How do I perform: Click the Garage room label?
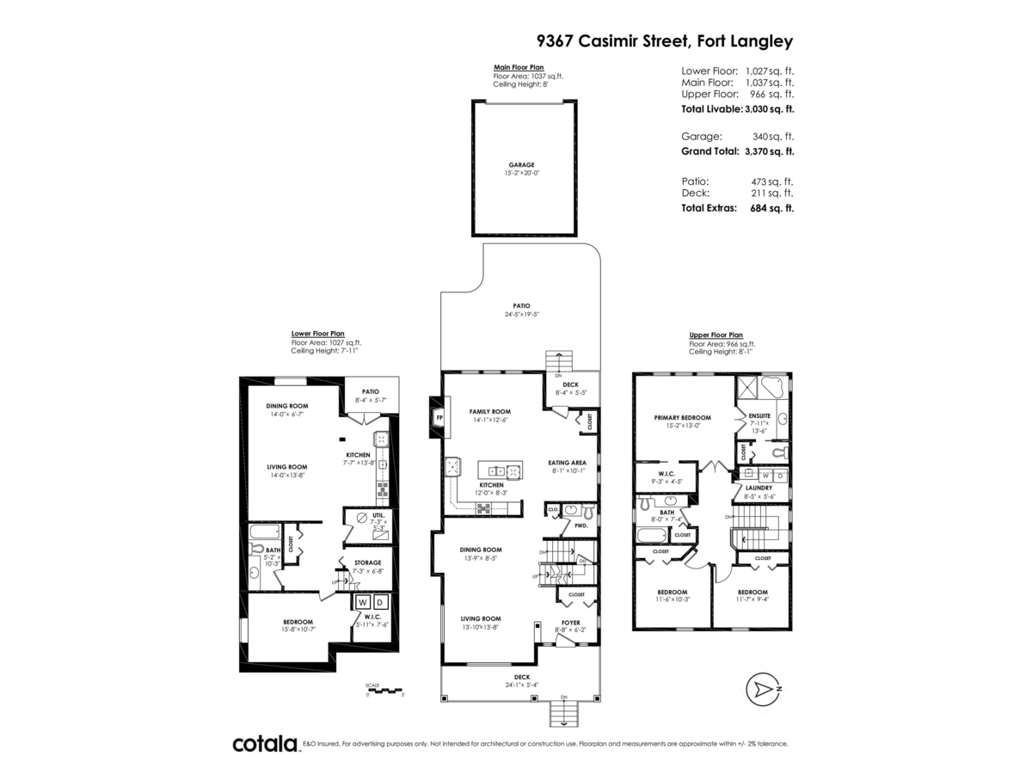520,164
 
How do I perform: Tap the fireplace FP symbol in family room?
439,419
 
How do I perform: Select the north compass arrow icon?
762,689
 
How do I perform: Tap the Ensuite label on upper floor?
759,415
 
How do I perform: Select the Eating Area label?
568,462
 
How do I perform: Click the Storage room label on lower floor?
367,562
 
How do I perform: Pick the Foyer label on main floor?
570,622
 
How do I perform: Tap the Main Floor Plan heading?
519,67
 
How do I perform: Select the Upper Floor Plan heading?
716,335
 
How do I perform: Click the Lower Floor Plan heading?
318,333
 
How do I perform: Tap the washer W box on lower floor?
362,602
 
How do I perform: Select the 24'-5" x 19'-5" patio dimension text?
521,315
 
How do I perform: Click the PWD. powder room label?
580,525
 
